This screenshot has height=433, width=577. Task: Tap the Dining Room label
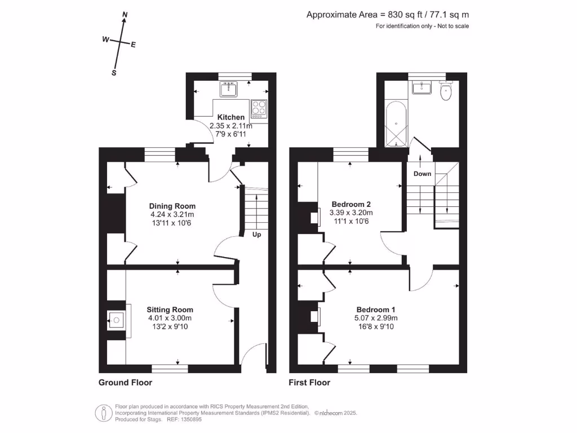tap(172, 206)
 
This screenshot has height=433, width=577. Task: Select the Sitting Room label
tap(170, 310)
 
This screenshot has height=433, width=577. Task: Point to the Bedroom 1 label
tap(376, 310)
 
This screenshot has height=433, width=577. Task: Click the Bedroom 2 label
tap(351, 204)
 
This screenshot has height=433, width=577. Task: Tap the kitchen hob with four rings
tap(259, 107)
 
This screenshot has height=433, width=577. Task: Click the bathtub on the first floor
tap(397, 124)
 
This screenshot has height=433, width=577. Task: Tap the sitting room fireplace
tap(116, 321)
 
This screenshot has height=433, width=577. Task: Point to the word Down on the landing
tap(422, 174)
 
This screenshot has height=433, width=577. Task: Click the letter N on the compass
tap(125, 15)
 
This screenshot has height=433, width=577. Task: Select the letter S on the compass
tap(114, 73)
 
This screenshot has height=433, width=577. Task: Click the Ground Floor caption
tap(125, 382)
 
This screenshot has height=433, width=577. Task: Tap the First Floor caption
tap(309, 382)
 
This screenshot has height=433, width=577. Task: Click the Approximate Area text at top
tap(387, 15)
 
